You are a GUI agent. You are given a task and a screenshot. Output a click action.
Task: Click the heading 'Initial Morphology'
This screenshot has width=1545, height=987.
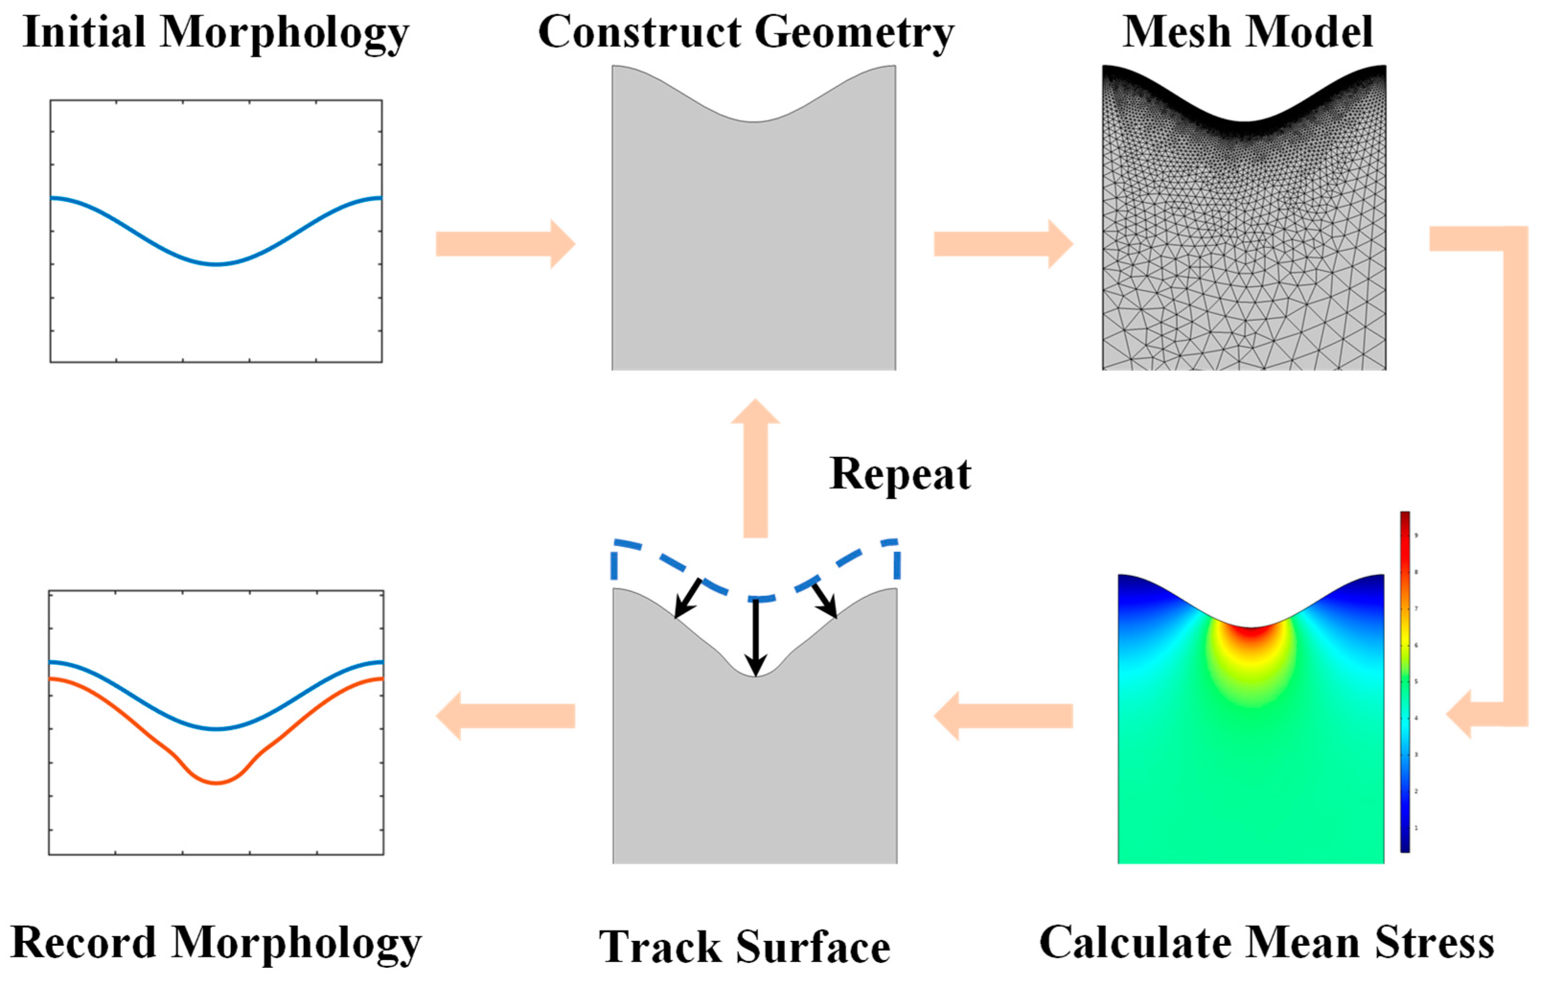click(216, 32)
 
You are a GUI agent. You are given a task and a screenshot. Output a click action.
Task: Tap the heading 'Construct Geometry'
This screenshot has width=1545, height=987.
click(745, 32)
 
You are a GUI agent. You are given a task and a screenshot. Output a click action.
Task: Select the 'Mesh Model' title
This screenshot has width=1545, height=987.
click(1247, 32)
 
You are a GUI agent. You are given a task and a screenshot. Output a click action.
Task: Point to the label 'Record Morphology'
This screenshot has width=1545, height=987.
click(216, 942)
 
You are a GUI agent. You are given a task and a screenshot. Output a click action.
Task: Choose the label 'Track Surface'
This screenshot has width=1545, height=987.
click(744, 947)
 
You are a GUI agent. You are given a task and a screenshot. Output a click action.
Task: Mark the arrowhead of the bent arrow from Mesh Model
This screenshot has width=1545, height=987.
click(1460, 713)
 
